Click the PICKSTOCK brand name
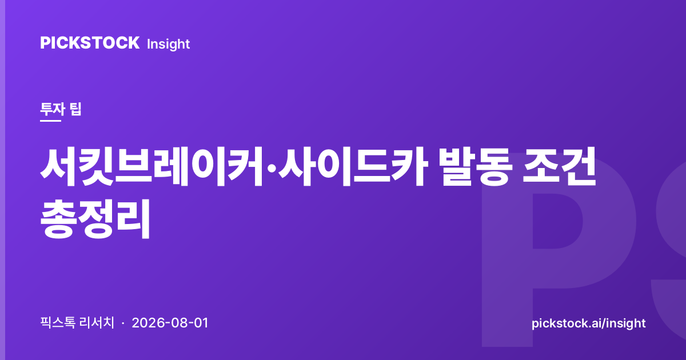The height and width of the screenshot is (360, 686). (90, 43)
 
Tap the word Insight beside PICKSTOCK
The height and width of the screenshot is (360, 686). (169, 45)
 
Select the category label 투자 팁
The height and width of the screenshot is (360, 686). (61, 109)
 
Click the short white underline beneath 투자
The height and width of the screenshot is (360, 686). (50, 121)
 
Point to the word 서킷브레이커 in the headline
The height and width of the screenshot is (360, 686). (151, 167)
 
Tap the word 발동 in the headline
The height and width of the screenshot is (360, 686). (476, 167)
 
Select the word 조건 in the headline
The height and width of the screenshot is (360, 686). (559, 167)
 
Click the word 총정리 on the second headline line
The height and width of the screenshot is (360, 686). (95, 219)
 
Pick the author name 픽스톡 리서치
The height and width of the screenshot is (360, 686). (77, 323)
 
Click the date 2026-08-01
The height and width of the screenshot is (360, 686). (170, 323)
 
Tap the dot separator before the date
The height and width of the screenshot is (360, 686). (123, 323)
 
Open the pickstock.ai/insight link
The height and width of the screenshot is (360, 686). (589, 323)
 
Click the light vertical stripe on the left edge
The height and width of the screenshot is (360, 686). (2, 180)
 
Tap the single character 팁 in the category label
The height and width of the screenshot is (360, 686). (75, 109)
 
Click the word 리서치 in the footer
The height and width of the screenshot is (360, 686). (97, 323)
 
